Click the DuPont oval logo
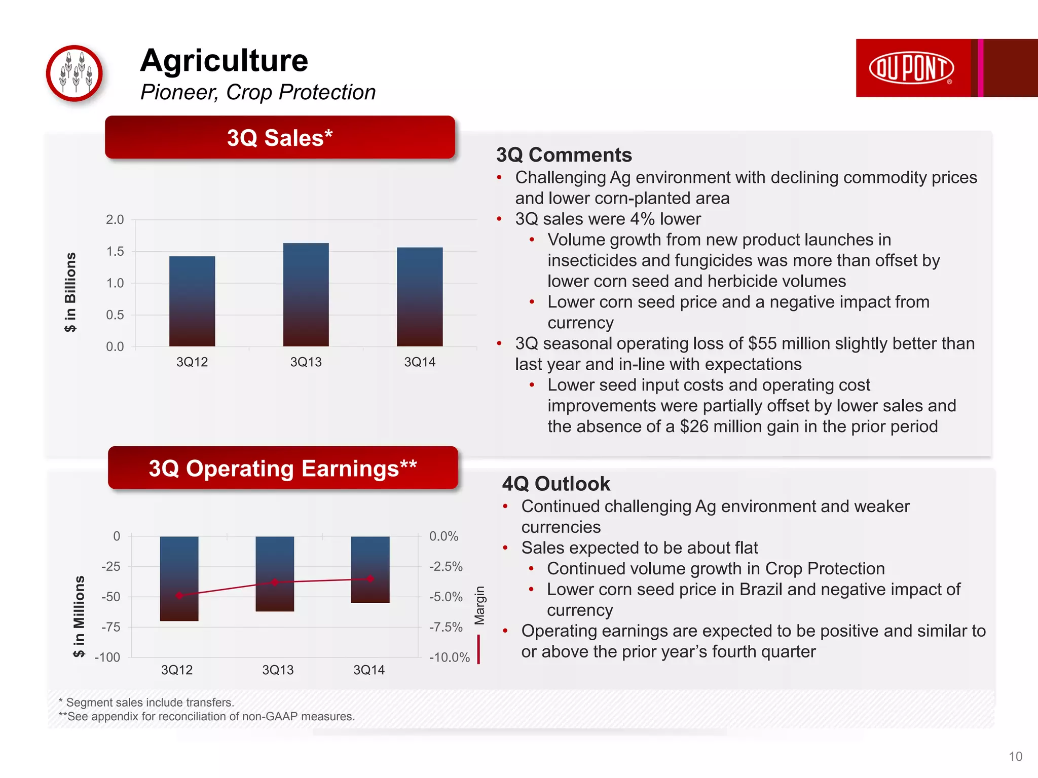[911, 68]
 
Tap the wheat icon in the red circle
[75, 73]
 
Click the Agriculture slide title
[224, 61]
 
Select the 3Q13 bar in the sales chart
[306, 295]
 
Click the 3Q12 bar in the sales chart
[192, 301]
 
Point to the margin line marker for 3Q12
[179, 596]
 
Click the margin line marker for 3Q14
[370, 578]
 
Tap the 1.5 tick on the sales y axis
[115, 252]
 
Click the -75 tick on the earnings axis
[110, 627]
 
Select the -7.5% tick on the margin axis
[446, 627]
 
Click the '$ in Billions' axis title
[70, 292]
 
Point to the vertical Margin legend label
[479, 605]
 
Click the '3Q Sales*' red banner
[280, 138]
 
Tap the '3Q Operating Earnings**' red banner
[283, 468]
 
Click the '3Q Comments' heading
[564, 155]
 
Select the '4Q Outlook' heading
[555, 484]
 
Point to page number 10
[1015, 756]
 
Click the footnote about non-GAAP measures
[206, 716]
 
